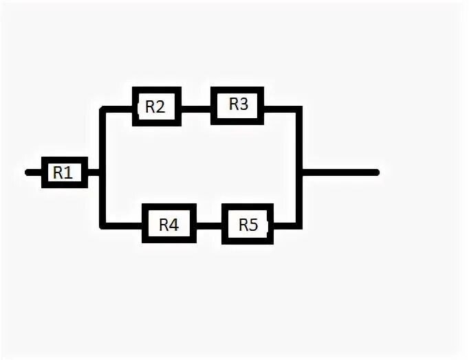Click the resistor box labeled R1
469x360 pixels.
64,172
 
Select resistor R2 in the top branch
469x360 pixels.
156,106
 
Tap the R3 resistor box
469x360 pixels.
237,105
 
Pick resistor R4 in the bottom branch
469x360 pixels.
168,224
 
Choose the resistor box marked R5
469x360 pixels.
248,224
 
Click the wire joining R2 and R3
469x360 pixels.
195,108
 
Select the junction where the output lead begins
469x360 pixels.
301,172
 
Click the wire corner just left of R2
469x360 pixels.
103,109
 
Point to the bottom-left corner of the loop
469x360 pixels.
103,224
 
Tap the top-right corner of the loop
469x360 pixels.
300,109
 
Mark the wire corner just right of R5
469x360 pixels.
298,224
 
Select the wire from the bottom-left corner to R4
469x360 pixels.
122,224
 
